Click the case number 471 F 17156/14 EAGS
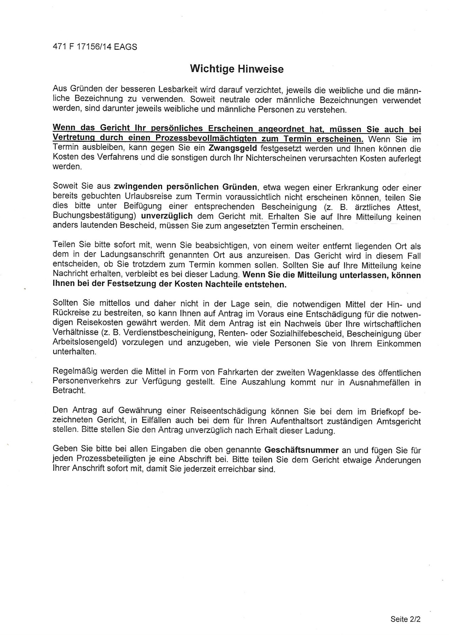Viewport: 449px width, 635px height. click(x=95, y=47)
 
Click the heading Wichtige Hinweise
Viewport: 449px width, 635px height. click(x=236, y=69)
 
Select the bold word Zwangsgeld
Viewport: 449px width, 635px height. click(x=233, y=148)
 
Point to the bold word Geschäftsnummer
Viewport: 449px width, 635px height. click(x=301, y=450)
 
